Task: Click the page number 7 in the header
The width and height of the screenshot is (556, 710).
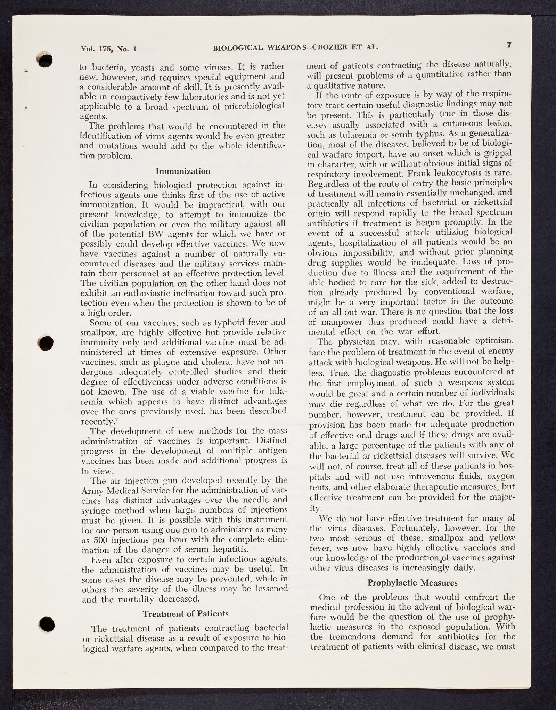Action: (x=509, y=45)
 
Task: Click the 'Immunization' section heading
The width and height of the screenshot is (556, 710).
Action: (x=183, y=171)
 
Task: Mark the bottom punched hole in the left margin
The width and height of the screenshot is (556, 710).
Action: (x=47, y=624)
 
